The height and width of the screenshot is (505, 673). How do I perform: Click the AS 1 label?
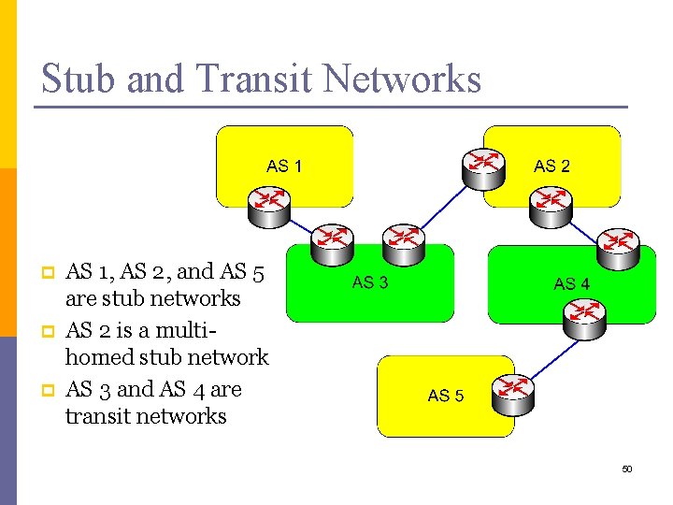(284, 166)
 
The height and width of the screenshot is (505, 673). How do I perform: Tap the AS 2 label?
(551, 166)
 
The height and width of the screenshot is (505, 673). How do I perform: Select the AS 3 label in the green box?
(370, 282)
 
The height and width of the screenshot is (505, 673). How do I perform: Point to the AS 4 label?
(571, 283)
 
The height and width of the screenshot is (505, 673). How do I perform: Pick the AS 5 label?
(446, 396)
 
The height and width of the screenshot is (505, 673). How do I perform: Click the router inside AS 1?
(269, 204)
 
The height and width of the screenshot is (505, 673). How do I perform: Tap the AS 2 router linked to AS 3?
(483, 168)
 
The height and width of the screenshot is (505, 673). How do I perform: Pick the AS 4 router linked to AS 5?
(585, 317)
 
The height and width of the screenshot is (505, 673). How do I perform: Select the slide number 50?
(627, 469)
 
